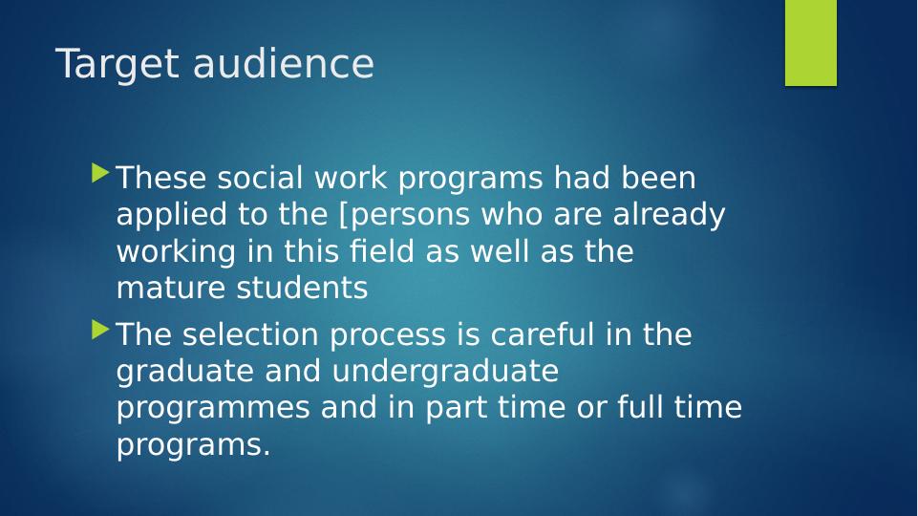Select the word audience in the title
click(284, 63)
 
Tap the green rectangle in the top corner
click(811, 43)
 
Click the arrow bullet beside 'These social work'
click(100, 173)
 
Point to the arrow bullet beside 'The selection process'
click(100, 330)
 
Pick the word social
click(260, 177)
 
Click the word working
click(176, 252)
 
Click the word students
click(302, 288)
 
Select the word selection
click(250, 333)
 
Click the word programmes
click(213, 409)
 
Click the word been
click(658, 177)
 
